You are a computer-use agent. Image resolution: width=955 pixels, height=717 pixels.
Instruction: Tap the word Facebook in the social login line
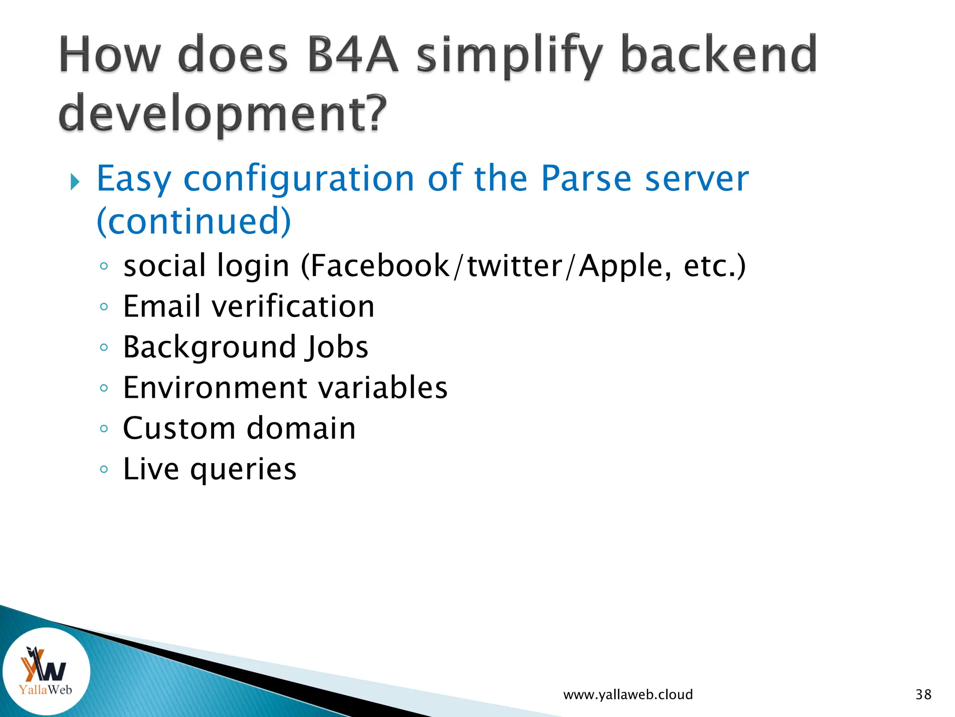380,266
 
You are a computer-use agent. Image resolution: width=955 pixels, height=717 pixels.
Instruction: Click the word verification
293,307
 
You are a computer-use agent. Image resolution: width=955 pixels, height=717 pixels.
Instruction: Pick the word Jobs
336,347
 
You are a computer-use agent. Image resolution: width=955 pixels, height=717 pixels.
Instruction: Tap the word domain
301,428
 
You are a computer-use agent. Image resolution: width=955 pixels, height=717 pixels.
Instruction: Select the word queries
243,469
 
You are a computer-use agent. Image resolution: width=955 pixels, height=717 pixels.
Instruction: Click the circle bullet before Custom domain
104,429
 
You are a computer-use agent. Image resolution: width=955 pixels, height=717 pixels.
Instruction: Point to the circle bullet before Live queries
104,469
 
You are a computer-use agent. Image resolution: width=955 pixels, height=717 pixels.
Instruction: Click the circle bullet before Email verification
104,307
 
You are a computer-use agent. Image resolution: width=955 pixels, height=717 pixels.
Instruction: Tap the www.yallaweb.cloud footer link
628,695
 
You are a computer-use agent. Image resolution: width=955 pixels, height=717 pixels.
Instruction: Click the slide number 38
923,695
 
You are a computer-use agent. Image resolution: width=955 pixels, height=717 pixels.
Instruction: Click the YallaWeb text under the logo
45,689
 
